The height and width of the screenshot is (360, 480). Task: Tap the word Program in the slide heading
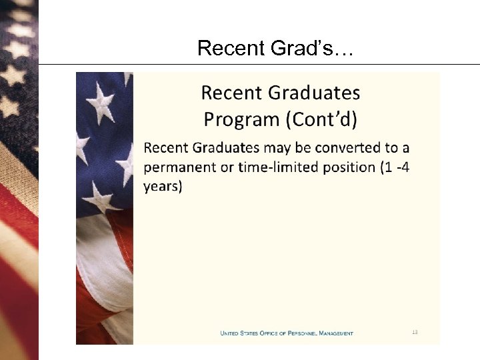click(x=241, y=120)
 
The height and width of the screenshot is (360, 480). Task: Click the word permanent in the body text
click(x=180, y=167)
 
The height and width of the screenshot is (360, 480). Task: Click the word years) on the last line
click(x=162, y=187)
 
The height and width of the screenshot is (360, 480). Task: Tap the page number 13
click(x=415, y=332)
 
